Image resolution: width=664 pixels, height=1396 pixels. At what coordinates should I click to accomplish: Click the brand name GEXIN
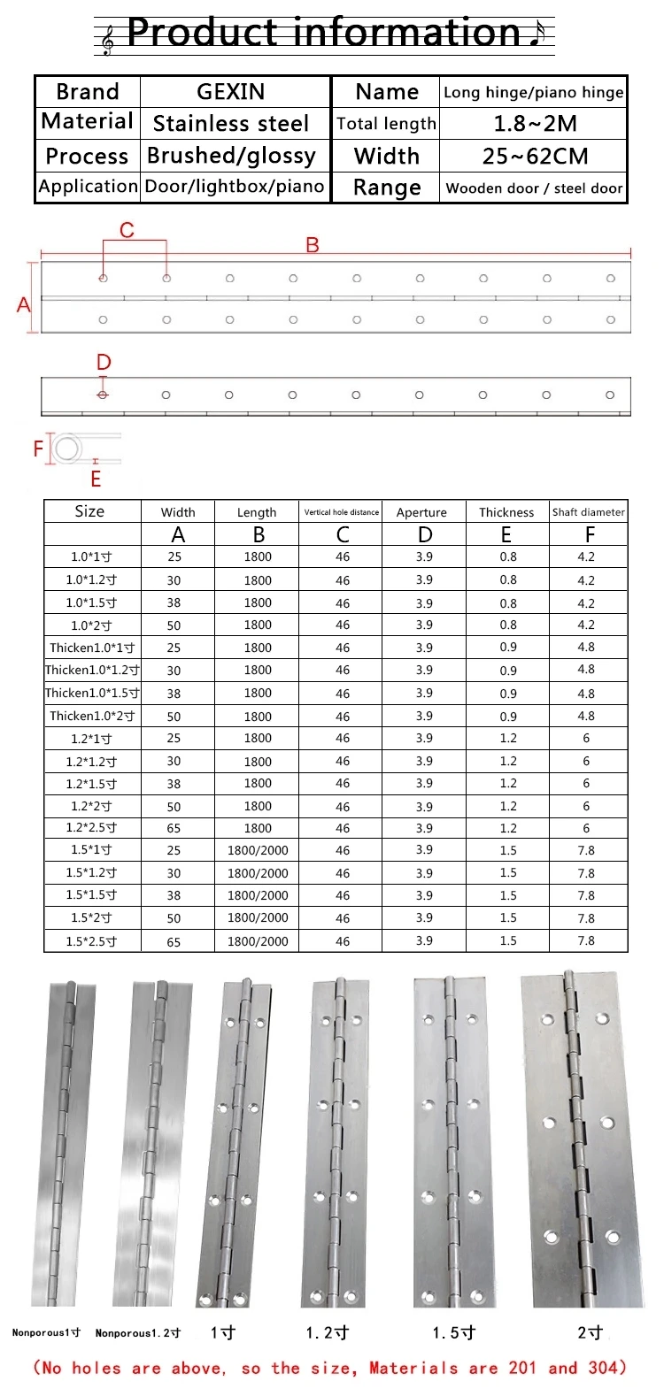(x=230, y=92)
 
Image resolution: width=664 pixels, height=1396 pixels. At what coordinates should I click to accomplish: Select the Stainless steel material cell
(x=231, y=124)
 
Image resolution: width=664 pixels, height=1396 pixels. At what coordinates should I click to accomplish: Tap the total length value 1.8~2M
(x=535, y=124)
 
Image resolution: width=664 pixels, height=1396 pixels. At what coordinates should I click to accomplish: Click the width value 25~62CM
(x=535, y=157)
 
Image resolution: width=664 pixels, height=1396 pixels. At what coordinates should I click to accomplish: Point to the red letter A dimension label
(x=24, y=305)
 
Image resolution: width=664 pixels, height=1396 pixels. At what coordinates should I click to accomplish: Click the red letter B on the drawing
(x=313, y=245)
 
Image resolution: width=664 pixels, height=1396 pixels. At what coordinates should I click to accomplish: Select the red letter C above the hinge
(x=127, y=231)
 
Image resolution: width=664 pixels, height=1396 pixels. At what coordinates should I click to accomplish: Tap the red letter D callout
(x=104, y=363)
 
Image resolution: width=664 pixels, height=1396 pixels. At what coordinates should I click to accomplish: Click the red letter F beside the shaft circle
(x=38, y=449)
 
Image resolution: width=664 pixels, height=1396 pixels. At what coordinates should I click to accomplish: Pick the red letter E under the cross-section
(x=96, y=479)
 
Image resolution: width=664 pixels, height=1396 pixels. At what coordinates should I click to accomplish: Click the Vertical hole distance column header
(x=342, y=512)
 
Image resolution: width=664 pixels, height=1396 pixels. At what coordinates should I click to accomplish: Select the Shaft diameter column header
(x=589, y=512)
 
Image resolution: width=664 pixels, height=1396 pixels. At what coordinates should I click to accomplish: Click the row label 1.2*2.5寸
(x=91, y=828)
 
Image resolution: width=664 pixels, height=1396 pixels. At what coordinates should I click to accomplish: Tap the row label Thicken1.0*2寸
(x=92, y=716)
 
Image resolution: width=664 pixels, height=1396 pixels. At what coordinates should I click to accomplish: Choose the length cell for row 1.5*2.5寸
(x=258, y=941)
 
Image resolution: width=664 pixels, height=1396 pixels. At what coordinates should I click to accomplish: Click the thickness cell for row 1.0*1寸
(x=507, y=556)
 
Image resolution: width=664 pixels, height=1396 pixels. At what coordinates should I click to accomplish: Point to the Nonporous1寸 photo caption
(x=46, y=1332)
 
